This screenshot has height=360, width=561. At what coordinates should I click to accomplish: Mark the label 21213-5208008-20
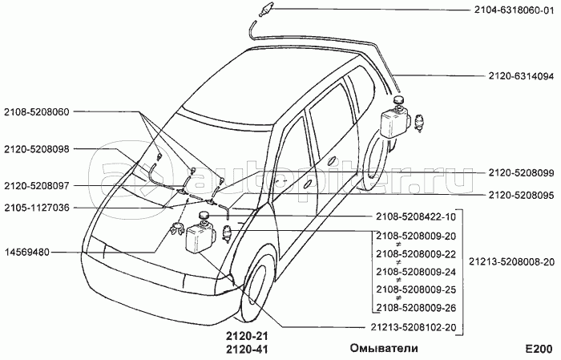513,261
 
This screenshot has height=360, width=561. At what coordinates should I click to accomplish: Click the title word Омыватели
384,349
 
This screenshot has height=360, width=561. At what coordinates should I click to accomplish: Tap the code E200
539,349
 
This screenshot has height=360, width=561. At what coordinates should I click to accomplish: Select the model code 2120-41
245,350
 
